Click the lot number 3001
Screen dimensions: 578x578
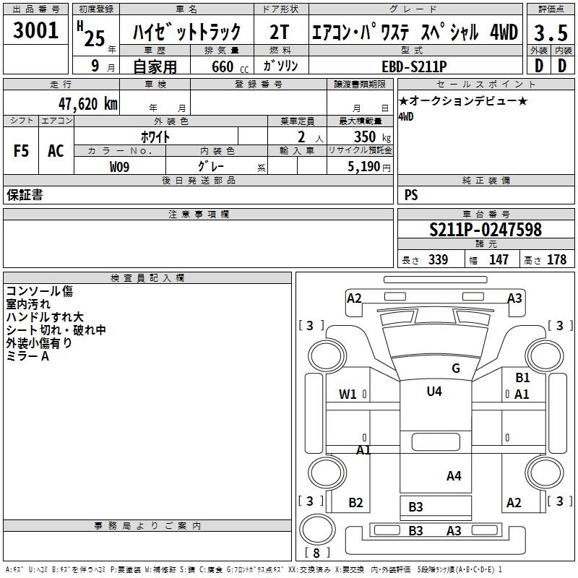click(x=35, y=30)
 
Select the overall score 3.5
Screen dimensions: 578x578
click(x=551, y=33)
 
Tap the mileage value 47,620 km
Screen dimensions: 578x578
click(x=87, y=104)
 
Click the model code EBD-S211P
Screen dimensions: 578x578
click(x=414, y=66)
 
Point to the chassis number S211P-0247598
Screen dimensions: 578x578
click(x=486, y=230)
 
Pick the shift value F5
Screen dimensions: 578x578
click(x=21, y=151)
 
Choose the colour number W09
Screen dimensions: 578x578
click(x=119, y=167)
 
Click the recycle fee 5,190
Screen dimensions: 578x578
click(x=363, y=167)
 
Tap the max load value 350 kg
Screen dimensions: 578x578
click(x=372, y=137)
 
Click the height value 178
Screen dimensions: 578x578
click(x=556, y=259)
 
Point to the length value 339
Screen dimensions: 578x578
click(x=438, y=259)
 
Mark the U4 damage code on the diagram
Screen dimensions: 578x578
click(x=434, y=391)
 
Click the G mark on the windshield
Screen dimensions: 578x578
click(x=456, y=368)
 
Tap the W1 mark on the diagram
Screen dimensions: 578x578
click(x=348, y=394)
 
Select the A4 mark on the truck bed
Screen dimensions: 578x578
click(x=454, y=476)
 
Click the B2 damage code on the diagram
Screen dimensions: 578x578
click(x=355, y=502)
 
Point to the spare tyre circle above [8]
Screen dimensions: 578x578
click(x=317, y=529)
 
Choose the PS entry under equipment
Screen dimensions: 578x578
click(x=411, y=195)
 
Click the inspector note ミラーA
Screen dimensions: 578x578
click(x=27, y=356)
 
